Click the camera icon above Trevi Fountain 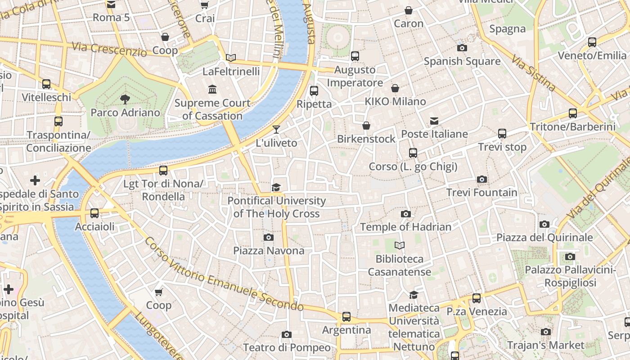(x=482, y=179)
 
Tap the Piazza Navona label (x=269, y=251)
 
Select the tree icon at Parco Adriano (x=125, y=99)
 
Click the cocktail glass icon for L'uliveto (x=276, y=130)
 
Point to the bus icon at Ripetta (x=314, y=91)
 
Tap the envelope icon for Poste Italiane (x=434, y=121)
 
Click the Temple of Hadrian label (x=405, y=227)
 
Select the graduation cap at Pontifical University (x=276, y=187)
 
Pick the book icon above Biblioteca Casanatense (x=399, y=246)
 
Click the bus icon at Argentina (x=346, y=317)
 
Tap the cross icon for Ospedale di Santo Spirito (x=35, y=181)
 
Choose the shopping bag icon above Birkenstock (x=366, y=126)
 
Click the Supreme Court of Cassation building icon (x=212, y=90)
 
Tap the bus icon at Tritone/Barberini (x=572, y=113)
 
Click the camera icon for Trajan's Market (x=546, y=332)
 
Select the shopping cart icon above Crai (x=204, y=5)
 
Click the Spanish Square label (x=462, y=61)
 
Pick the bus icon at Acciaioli (x=94, y=213)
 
